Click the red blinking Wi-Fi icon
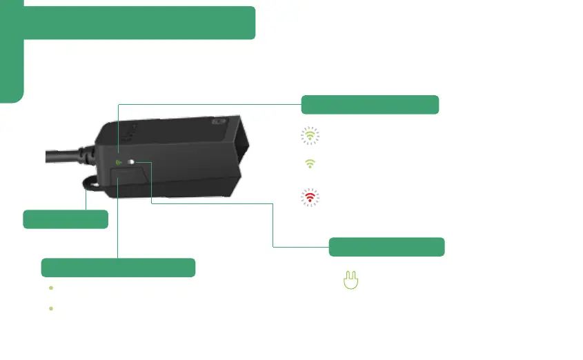311,197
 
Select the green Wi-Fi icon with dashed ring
311,137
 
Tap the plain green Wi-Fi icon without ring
311,163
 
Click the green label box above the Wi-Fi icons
370,104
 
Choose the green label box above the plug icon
386,246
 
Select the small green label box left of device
66,219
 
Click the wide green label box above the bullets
118,268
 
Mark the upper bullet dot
51,287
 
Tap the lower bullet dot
51,308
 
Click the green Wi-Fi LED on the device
119,163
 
